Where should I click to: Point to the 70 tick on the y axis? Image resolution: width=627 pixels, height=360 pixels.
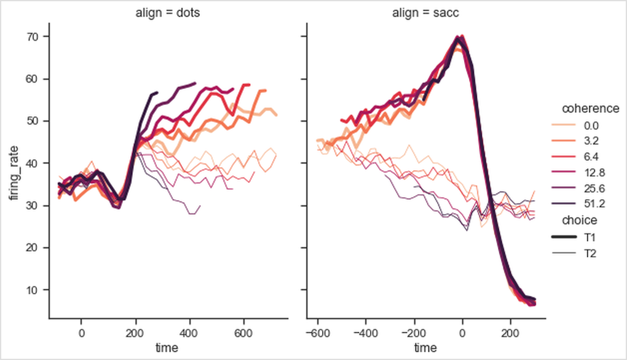pyautogui.click(x=32, y=37)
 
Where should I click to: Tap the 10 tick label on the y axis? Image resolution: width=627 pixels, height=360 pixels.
pyautogui.click(x=32, y=290)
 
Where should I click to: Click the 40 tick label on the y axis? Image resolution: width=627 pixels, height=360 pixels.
pyautogui.click(x=32, y=163)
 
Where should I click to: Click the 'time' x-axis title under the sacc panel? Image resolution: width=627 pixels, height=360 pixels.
pyautogui.click(x=425, y=347)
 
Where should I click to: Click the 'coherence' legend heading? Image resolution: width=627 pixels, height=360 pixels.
pyautogui.click(x=591, y=109)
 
